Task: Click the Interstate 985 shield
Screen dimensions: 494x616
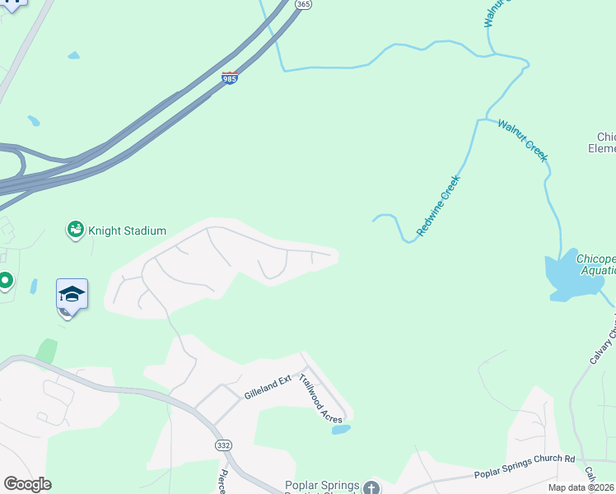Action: point(231,79)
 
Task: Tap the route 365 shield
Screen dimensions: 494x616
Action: point(303,5)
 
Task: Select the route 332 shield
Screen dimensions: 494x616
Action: point(224,445)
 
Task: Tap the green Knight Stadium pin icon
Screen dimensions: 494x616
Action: point(75,230)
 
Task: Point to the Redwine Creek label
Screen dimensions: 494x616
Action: point(437,206)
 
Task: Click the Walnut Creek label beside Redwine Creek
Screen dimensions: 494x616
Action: point(522,139)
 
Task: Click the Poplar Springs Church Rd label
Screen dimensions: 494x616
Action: point(525,468)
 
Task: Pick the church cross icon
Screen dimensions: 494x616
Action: point(371,487)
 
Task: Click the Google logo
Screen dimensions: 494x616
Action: point(26,484)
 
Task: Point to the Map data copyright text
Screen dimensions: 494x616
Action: point(581,487)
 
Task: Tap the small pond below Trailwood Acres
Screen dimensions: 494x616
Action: point(341,429)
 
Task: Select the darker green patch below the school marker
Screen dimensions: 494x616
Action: point(47,350)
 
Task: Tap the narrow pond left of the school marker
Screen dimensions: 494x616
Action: point(34,287)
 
